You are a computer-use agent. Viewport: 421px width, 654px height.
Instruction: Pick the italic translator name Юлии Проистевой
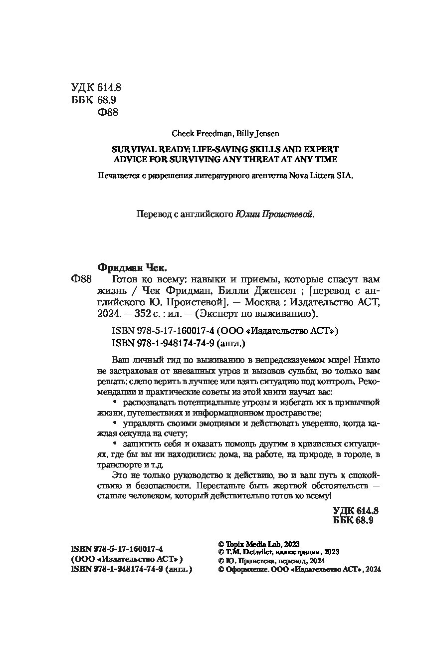coord(275,215)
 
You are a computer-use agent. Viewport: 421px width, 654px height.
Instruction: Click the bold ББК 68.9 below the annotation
coord(353,521)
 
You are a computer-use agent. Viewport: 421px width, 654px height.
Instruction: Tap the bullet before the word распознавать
coord(115,402)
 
